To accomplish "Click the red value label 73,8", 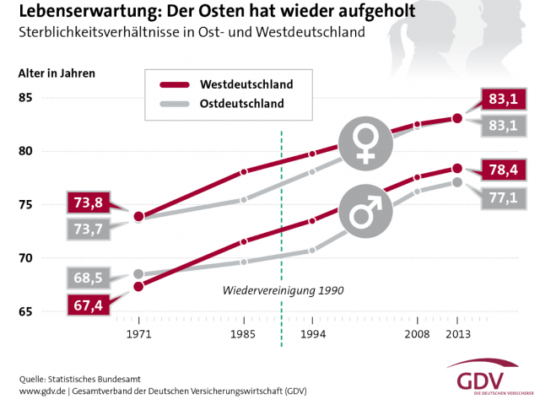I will pos(87,202).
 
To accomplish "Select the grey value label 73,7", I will pos(87,229).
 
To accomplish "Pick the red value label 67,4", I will pos(87,304).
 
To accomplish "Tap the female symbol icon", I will pos(366,141).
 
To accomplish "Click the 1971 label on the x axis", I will pos(138,336).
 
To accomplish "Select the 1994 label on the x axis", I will pos(313,336).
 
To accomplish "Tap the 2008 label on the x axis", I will pos(417,336).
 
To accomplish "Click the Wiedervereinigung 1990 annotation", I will pos(283,290).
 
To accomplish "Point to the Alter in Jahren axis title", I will pos(57,73).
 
